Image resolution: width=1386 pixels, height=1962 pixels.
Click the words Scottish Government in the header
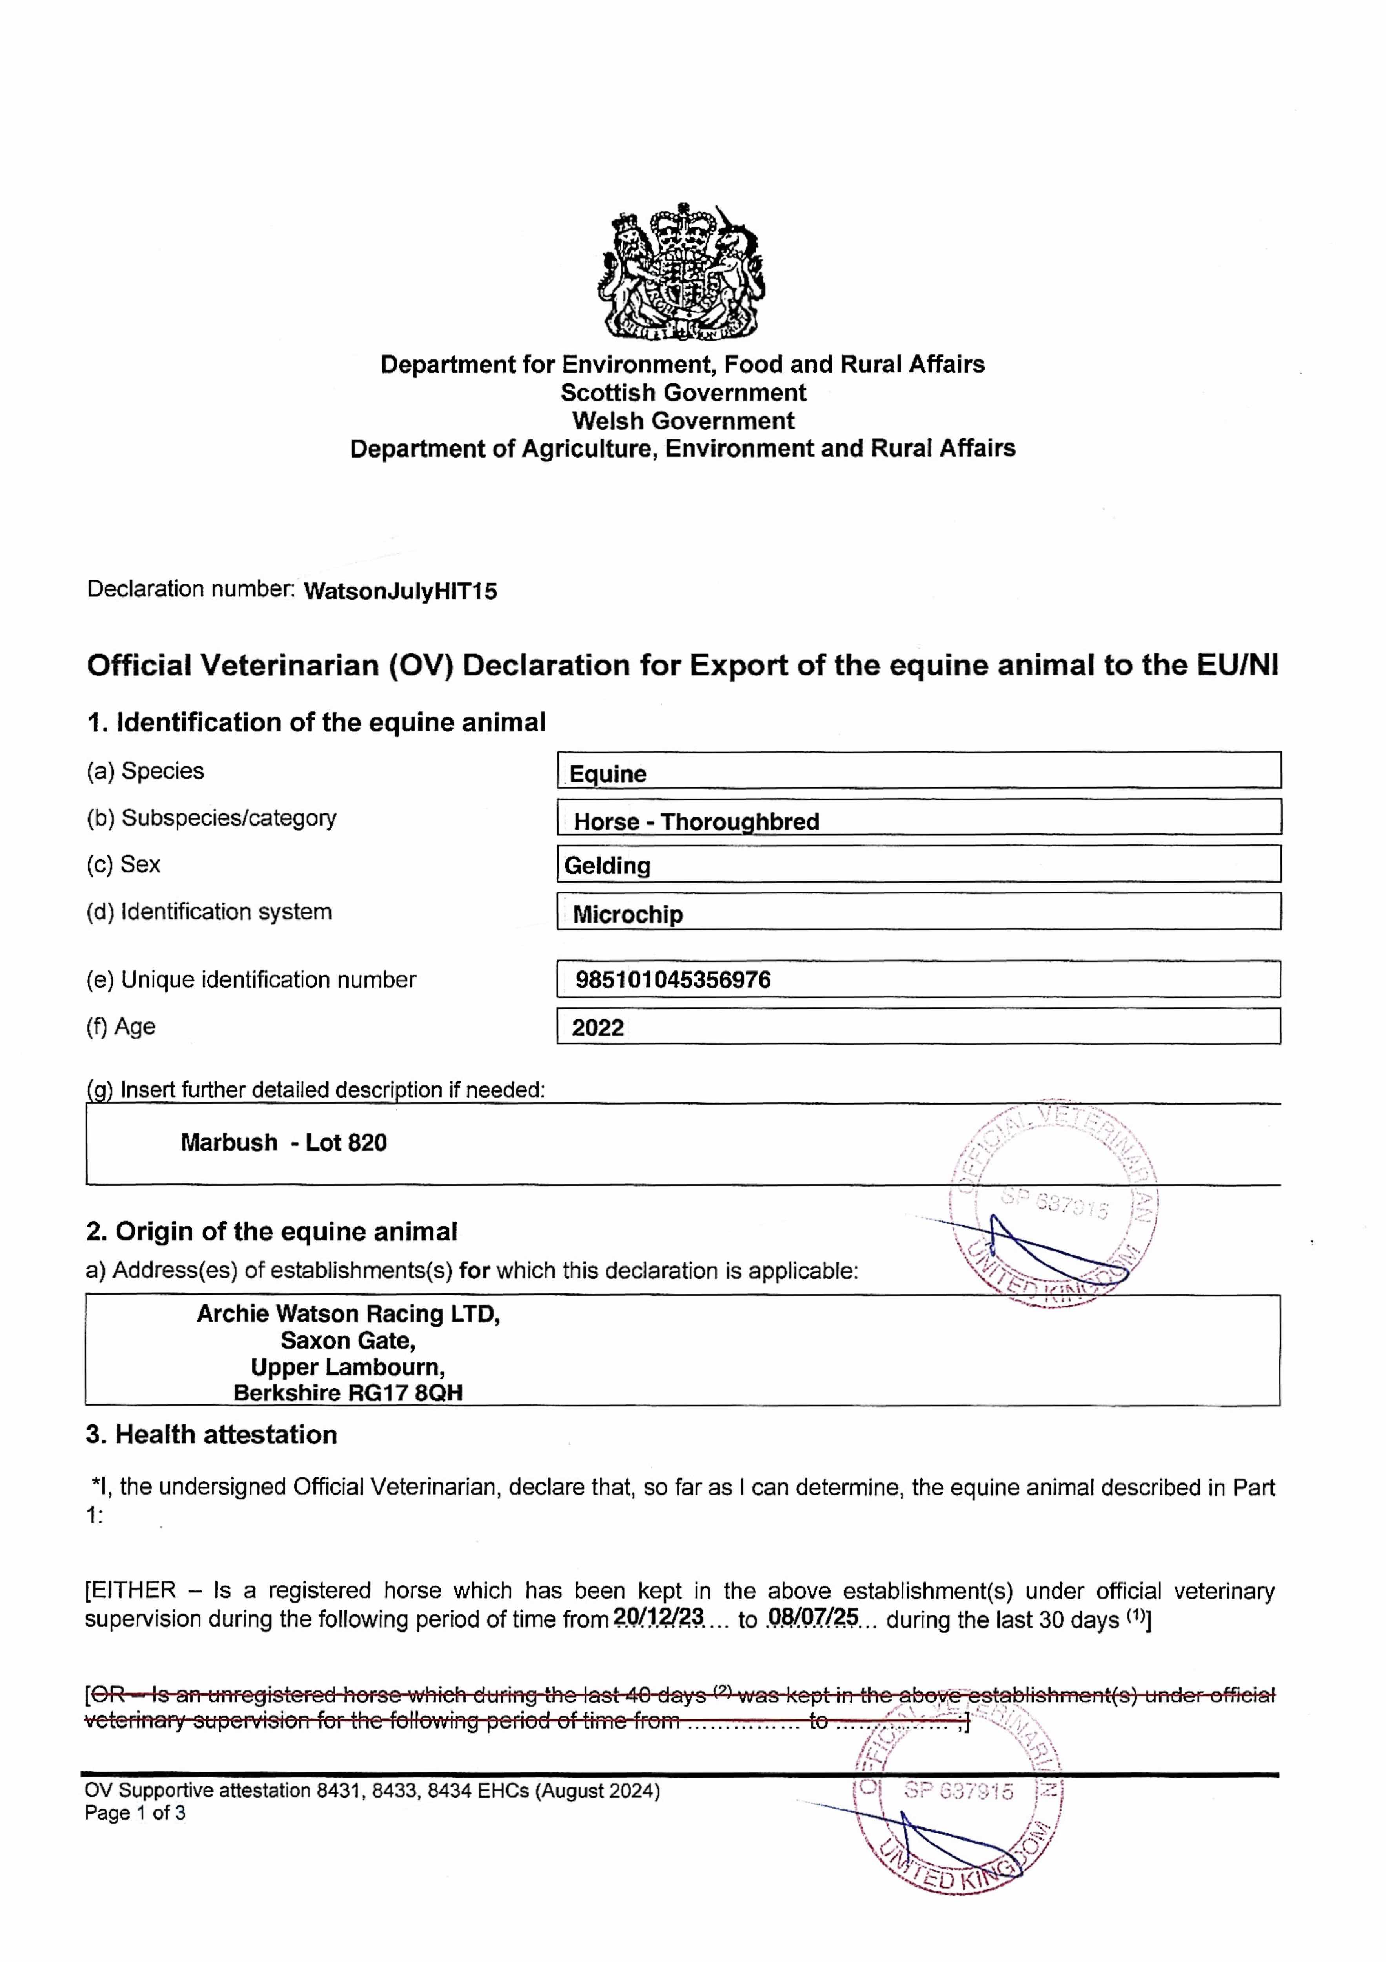pos(683,393)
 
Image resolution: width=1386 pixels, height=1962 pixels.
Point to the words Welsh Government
pos(683,420)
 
